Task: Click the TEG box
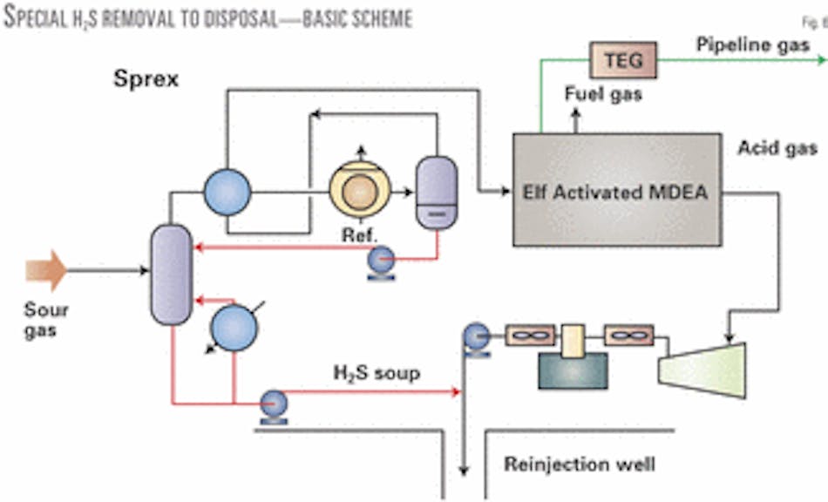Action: pyautogui.click(x=623, y=61)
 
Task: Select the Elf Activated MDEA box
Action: pyautogui.click(x=617, y=191)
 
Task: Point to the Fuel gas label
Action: pyautogui.click(x=603, y=94)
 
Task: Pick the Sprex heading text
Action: pyautogui.click(x=146, y=79)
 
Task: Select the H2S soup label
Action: pyautogui.click(x=376, y=374)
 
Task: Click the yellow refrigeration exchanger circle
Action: pyautogui.click(x=359, y=191)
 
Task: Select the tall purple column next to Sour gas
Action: pyautogui.click(x=170, y=274)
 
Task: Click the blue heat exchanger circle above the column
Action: pyautogui.click(x=227, y=191)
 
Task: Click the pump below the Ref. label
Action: pyautogui.click(x=382, y=261)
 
